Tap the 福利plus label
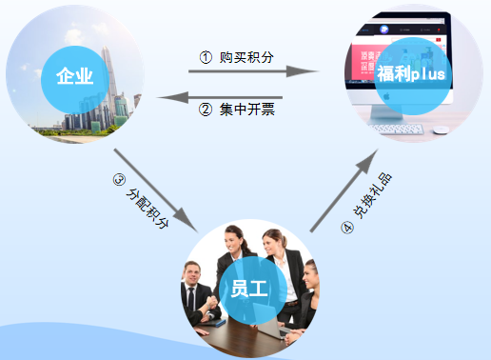click(411, 74)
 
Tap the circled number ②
click(205, 108)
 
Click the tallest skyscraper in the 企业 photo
click(117, 67)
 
